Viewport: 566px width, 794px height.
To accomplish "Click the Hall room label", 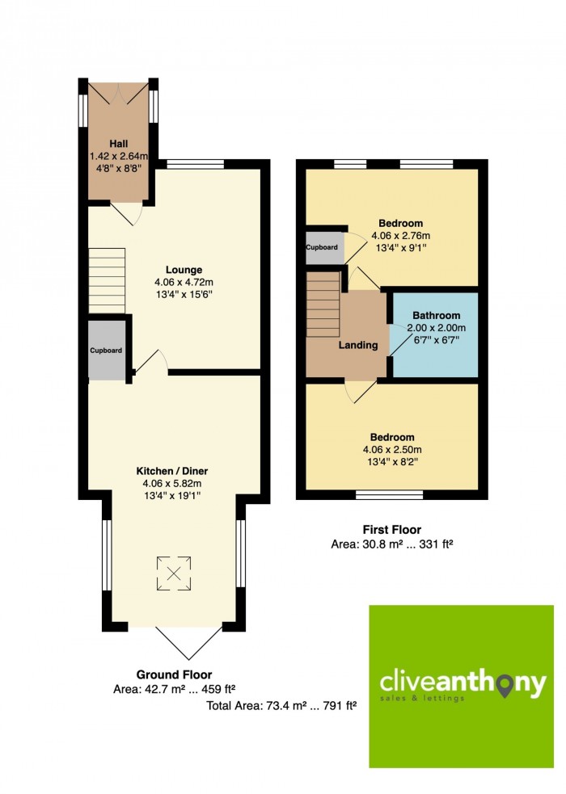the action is click(119, 144).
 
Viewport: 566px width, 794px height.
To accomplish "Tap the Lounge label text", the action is click(184, 270).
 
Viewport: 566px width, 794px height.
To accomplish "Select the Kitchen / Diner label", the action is click(172, 471).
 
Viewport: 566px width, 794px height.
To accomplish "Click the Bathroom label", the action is click(437, 316).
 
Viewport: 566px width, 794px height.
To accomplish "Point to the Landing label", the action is click(358, 346).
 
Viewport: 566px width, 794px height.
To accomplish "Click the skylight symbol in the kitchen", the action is click(174, 573).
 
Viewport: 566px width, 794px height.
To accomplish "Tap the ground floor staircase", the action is click(107, 281).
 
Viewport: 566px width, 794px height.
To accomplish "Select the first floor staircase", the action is click(323, 305).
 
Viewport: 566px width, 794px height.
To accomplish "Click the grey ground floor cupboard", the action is click(107, 351).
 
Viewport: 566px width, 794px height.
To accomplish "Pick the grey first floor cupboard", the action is click(325, 248).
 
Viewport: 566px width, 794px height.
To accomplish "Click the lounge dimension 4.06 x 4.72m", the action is click(184, 283).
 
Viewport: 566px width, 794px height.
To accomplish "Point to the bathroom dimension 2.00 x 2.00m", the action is click(437, 328).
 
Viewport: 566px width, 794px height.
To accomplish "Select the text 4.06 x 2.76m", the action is click(401, 236).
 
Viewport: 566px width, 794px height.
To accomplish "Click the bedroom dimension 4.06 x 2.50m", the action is click(392, 450).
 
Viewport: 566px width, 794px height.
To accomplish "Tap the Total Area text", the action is click(281, 705).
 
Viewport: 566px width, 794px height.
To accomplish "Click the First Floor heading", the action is click(391, 530).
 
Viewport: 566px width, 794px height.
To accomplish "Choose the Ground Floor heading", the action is click(174, 674).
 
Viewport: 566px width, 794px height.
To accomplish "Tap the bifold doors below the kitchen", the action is click(188, 643).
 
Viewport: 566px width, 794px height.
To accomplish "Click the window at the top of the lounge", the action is click(195, 164).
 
